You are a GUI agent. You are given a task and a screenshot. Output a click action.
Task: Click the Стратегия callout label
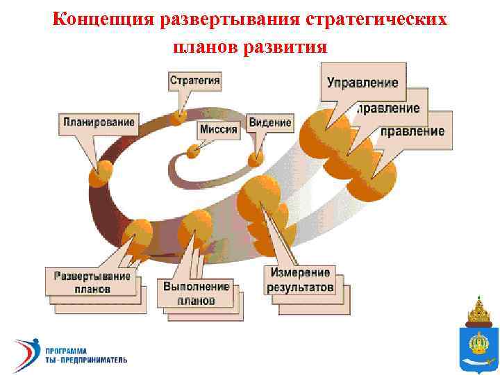[x=195, y=80]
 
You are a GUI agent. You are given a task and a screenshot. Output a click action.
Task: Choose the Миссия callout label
[x=218, y=128]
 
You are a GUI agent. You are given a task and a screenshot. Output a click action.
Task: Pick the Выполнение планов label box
[x=196, y=294]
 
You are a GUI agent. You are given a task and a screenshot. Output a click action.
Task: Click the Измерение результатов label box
[x=299, y=279]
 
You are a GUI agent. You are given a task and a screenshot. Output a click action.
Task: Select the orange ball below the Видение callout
[x=256, y=158]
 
